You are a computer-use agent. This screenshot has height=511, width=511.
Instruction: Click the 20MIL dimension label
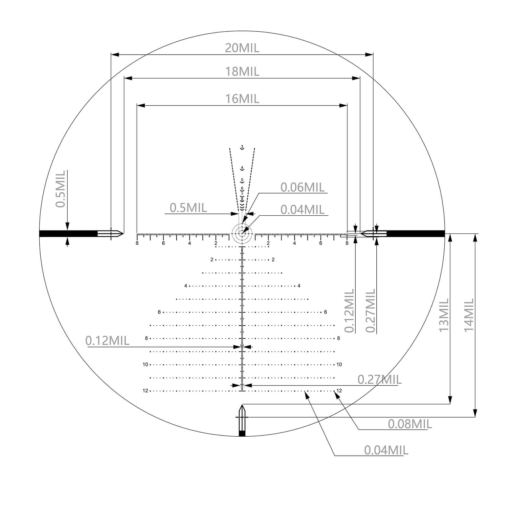(x=242, y=48)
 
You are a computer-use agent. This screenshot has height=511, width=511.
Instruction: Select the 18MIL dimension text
(x=242, y=72)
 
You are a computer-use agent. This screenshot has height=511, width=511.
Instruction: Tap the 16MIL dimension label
(x=242, y=99)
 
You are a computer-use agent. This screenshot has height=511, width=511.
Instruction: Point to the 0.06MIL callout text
(x=302, y=188)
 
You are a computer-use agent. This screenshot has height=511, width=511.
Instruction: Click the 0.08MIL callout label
(x=410, y=424)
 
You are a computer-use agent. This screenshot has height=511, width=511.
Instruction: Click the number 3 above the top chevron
(x=242, y=146)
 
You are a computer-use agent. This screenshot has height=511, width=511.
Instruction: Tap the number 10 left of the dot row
(x=145, y=365)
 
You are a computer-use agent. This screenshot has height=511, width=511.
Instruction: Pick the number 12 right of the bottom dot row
(x=339, y=391)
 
